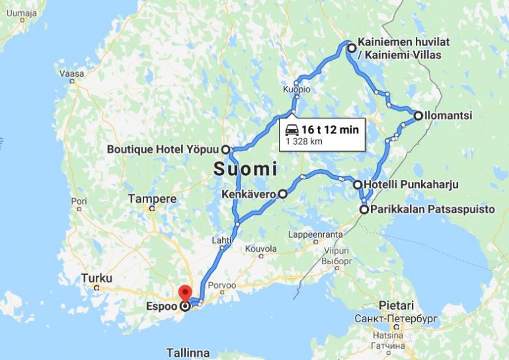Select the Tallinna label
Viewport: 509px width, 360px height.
tap(188, 353)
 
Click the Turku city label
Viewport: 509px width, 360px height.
tap(97, 278)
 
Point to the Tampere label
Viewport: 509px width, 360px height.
tap(152, 198)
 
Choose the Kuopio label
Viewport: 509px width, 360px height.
tap(297, 89)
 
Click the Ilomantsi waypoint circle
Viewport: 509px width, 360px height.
tap(418, 116)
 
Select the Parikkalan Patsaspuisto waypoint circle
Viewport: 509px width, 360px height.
tap(364, 210)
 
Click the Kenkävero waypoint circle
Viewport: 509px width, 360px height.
tap(282, 194)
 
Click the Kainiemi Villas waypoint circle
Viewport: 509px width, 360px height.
tap(352, 47)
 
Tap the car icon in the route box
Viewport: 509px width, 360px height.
tap(292, 130)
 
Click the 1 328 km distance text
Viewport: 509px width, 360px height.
tap(304, 141)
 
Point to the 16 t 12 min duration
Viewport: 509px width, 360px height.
tap(330, 130)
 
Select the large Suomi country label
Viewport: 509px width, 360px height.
tap(244, 169)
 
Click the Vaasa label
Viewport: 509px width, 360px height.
tap(68, 74)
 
